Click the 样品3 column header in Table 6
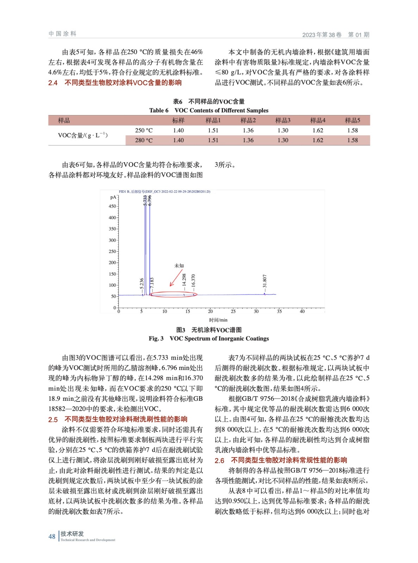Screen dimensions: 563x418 (283, 120)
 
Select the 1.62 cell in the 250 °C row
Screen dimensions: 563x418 (318, 130)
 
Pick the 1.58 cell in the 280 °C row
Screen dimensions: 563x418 (353, 140)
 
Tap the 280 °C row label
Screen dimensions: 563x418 (144, 140)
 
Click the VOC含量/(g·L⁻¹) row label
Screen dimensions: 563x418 (83, 135)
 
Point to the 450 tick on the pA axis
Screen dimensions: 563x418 (112, 206)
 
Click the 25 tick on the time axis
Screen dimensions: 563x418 (233, 311)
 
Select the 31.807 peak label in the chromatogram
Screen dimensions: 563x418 (265, 281)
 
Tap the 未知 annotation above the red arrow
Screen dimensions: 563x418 (179, 266)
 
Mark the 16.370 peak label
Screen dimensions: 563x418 (193, 281)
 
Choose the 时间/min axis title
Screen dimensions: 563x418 (218, 320)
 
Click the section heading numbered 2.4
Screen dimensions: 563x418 (115, 83)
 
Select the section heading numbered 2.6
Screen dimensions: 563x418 (281, 460)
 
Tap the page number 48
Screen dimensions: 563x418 (52, 536)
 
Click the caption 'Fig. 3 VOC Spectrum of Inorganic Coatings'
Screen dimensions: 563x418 (209, 339)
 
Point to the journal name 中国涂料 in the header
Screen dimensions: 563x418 (62, 34)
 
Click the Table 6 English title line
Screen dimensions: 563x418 (209, 110)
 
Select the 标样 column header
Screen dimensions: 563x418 (178, 120)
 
